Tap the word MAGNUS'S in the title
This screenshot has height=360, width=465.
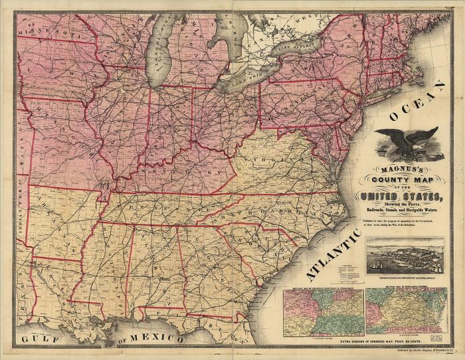point(406,170)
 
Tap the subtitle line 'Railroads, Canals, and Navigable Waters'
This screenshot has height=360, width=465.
point(405,209)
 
